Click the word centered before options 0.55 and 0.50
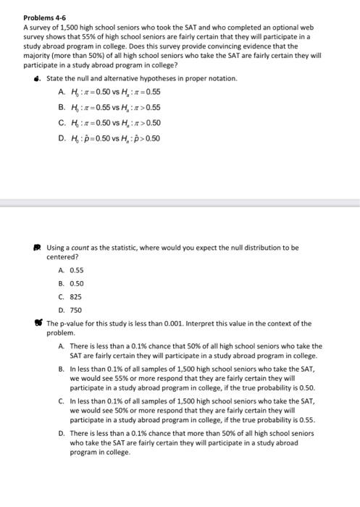point(62,256)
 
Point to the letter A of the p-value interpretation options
point(60,347)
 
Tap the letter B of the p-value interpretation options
point(60,369)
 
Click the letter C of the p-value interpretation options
point(60,401)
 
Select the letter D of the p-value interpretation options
point(60,432)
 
